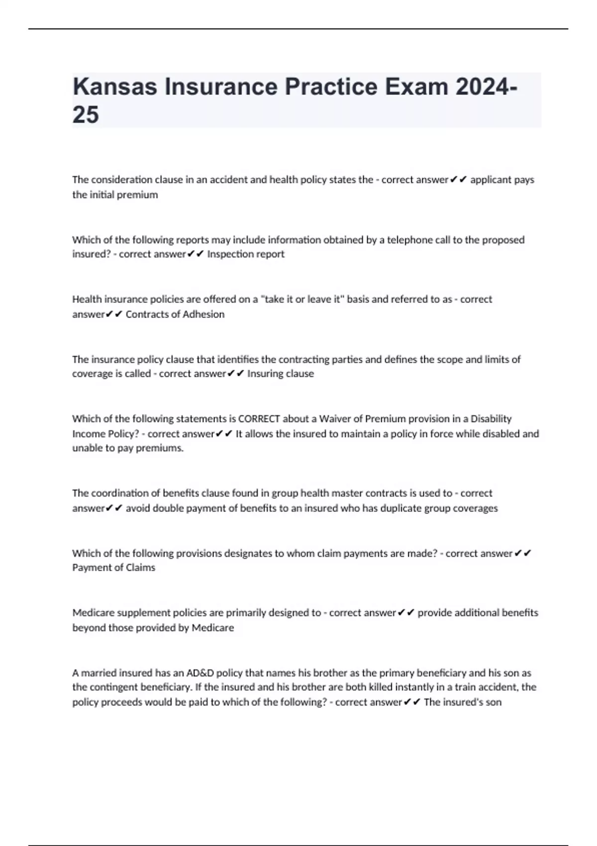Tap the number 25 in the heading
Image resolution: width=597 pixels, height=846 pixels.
[86, 115]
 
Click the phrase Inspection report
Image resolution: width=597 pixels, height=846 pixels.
[246, 254]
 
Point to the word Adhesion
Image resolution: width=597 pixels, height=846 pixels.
[204, 315]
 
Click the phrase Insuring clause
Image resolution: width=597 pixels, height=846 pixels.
[281, 374]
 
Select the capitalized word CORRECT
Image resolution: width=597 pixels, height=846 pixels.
[259, 419]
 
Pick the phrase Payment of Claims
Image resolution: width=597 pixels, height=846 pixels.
[113, 568]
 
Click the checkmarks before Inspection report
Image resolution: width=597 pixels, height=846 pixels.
[196, 254]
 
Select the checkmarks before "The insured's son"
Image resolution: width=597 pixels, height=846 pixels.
[412, 703]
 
